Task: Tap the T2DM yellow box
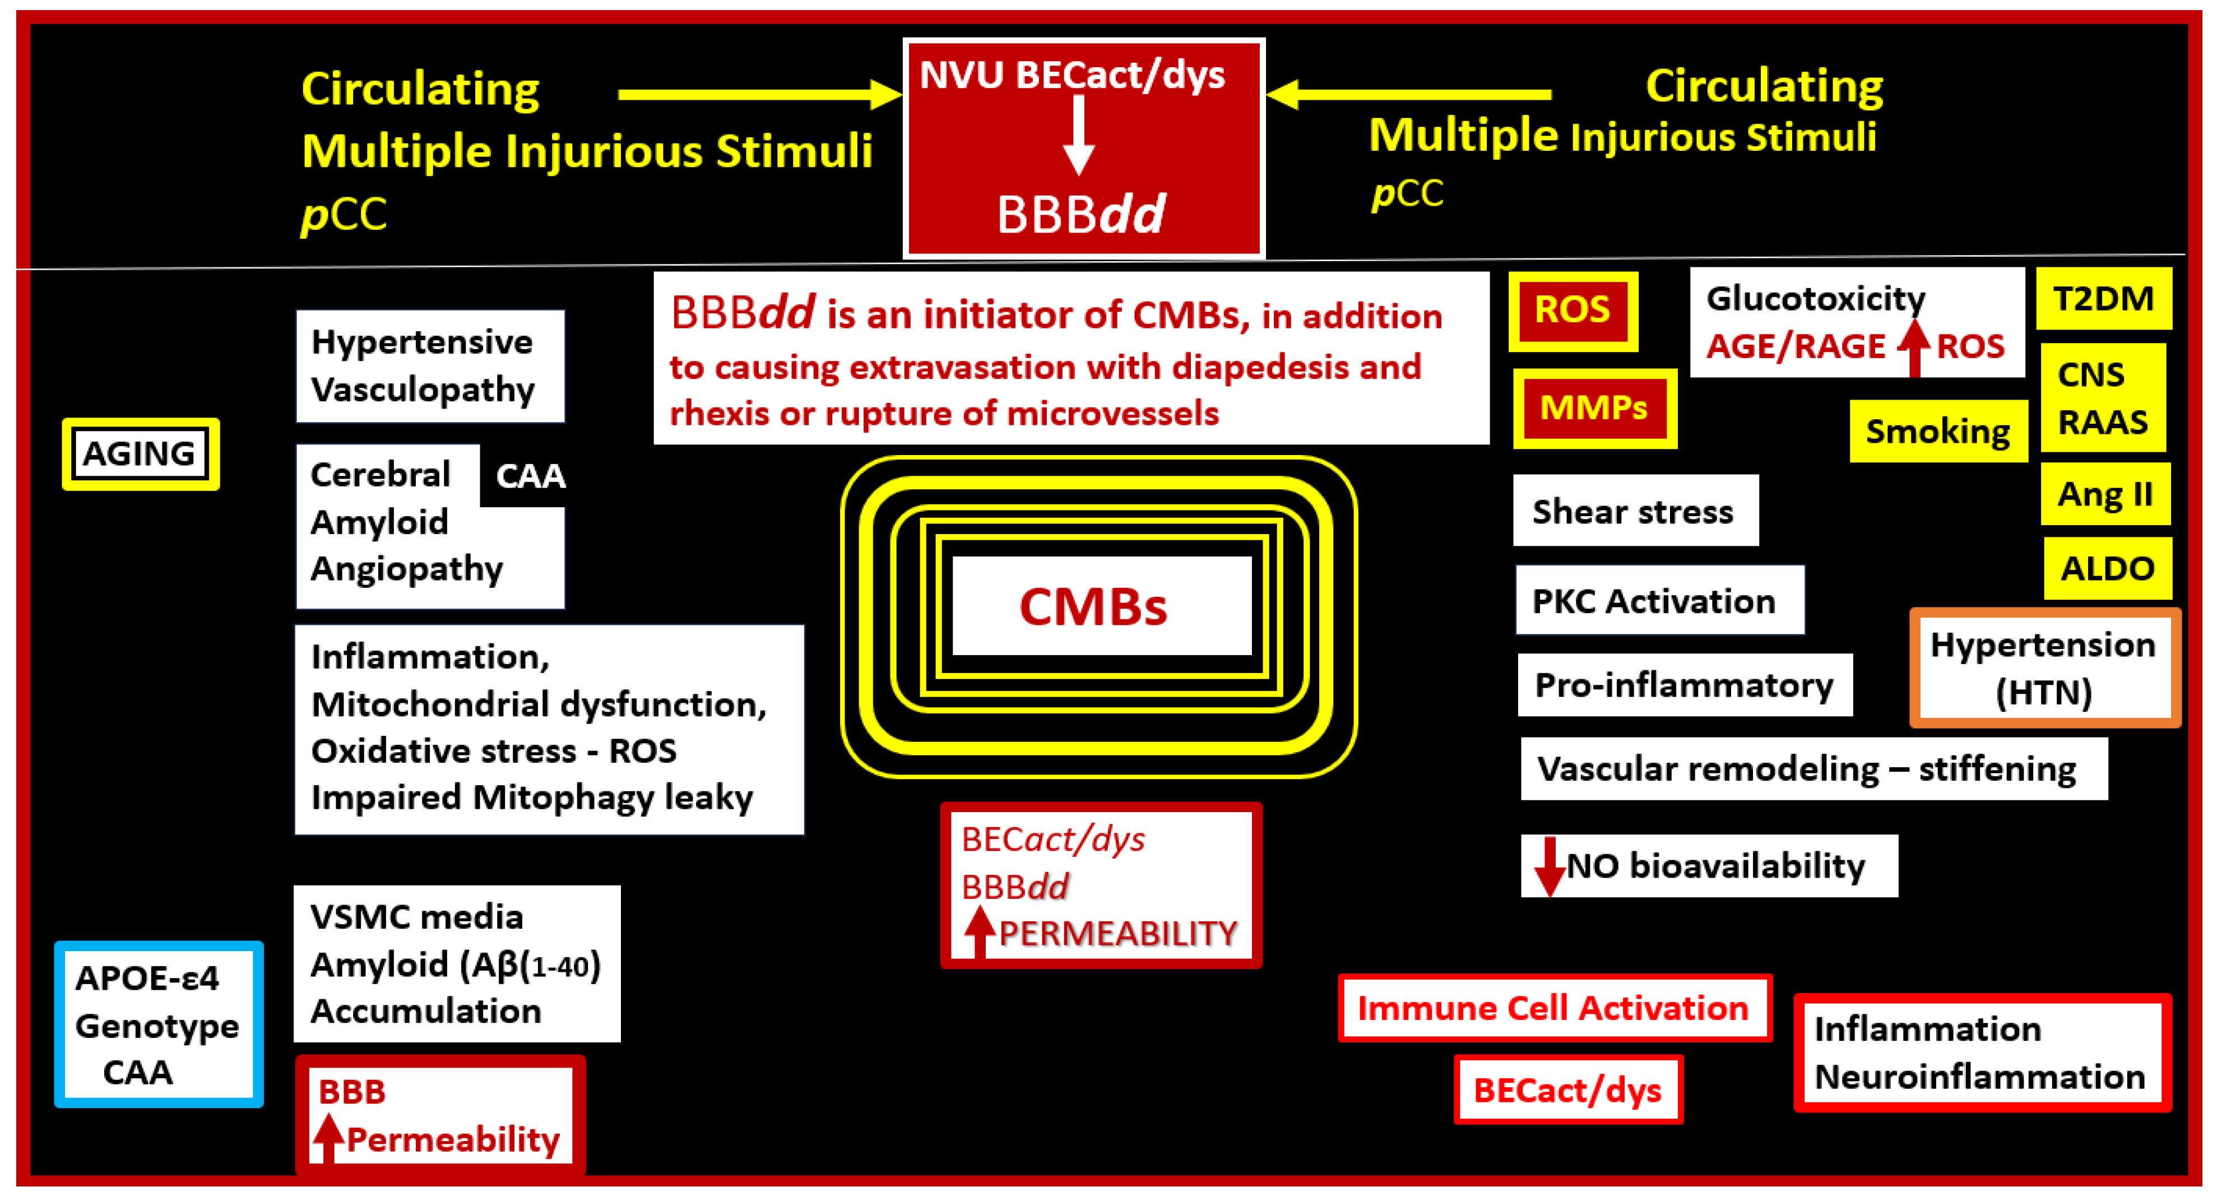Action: pyautogui.click(x=2103, y=299)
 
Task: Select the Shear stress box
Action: pyautogui.click(x=1634, y=511)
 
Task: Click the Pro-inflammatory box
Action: pyautogui.click(x=1683, y=685)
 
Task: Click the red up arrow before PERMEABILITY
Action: pyautogui.click(x=978, y=932)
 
